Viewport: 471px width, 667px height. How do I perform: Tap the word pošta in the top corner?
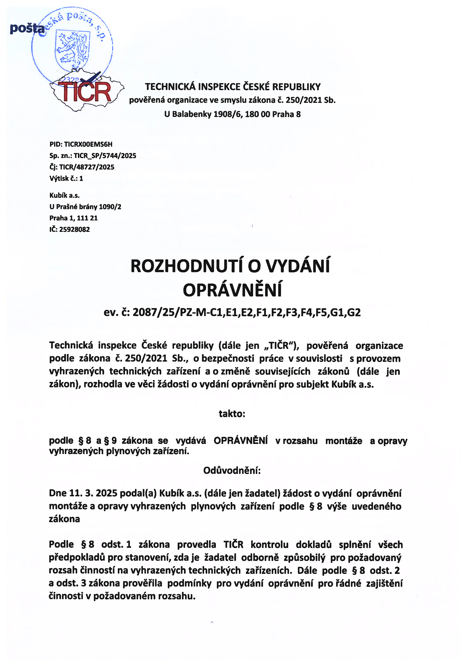tap(27, 29)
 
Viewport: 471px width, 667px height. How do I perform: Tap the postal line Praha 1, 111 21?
tap(73, 218)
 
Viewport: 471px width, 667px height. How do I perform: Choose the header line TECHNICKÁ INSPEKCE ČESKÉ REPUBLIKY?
tap(233, 87)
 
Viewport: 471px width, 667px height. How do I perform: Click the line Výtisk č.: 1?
tap(66, 178)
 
